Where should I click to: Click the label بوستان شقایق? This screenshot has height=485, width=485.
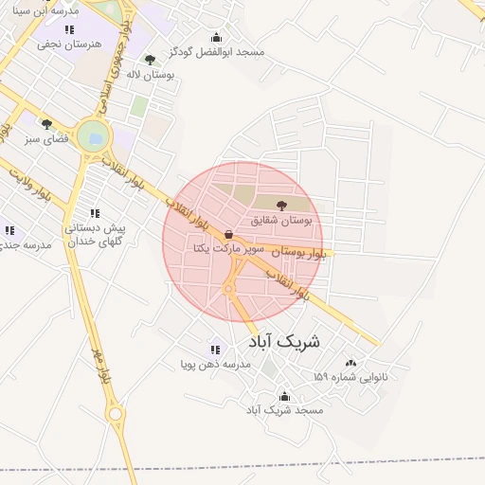click(x=281, y=220)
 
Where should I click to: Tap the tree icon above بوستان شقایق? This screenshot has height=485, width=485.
click(x=281, y=204)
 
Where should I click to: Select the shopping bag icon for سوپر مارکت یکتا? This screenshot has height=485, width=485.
click(x=229, y=234)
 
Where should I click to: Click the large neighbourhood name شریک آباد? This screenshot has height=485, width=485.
click(x=284, y=340)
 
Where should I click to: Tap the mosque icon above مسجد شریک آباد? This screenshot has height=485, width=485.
click(x=284, y=396)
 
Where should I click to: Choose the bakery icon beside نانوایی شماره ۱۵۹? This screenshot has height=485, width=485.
click(x=351, y=363)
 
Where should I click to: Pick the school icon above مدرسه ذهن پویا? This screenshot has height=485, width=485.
click(x=214, y=349)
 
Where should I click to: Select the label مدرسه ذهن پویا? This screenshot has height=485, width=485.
click(x=216, y=364)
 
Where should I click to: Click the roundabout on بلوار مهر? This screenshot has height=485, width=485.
click(x=116, y=413)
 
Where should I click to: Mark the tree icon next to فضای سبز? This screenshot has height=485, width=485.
click(x=46, y=124)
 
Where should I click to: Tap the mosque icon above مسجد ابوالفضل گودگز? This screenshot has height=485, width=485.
click(x=216, y=37)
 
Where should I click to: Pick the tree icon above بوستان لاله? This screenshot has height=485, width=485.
click(x=150, y=60)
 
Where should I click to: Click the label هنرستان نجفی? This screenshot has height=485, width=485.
click(x=69, y=44)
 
